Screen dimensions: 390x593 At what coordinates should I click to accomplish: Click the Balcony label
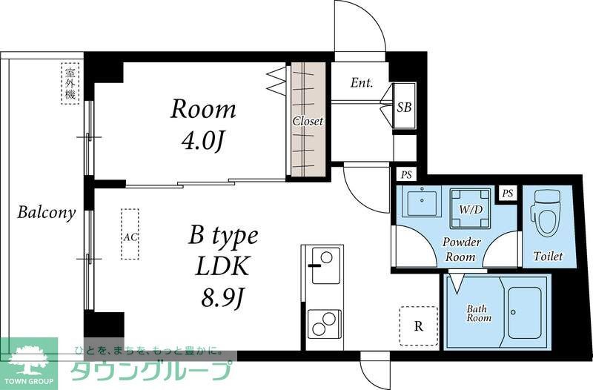click(47, 214)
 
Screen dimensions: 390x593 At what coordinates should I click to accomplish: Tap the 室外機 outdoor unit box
click(70, 83)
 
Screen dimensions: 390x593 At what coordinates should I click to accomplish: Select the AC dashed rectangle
click(130, 234)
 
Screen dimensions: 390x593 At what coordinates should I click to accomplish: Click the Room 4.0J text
click(203, 125)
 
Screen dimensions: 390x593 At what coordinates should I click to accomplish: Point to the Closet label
click(307, 121)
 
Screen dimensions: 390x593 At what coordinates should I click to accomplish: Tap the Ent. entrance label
click(362, 83)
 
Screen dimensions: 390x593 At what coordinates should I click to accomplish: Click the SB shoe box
click(404, 107)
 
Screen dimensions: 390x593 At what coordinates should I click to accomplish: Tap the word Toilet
click(548, 257)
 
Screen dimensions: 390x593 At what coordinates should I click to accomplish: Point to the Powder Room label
click(462, 249)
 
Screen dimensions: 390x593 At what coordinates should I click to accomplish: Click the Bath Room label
click(478, 313)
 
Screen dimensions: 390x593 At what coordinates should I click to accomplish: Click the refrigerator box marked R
click(419, 325)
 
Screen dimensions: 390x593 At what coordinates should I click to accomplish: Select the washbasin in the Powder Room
click(420, 202)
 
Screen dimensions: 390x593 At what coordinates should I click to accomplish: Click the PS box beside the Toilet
click(508, 193)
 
